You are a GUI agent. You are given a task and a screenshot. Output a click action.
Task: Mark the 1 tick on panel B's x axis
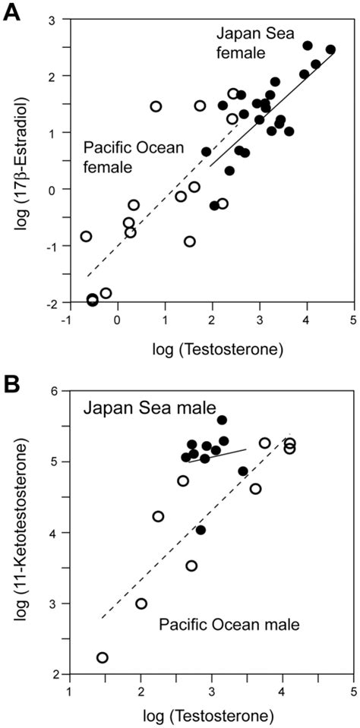coord(69,692)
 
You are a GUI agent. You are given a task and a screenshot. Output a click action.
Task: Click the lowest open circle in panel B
coord(102,657)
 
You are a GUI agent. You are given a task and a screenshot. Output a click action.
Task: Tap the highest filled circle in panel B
coord(222,420)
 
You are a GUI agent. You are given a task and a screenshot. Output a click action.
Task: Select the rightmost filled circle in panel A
coord(330,50)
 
